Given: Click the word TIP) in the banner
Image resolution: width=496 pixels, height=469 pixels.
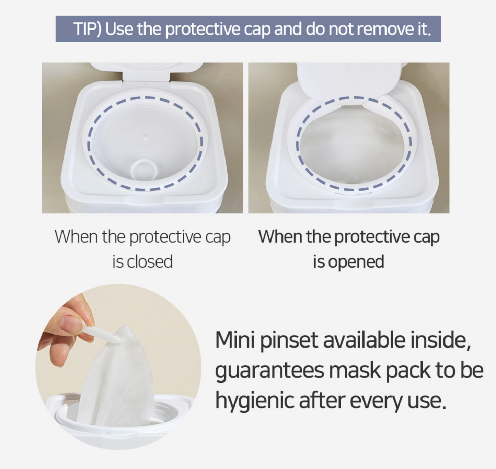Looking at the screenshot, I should coord(87,29).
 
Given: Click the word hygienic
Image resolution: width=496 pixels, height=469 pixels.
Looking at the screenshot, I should coord(254,401).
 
